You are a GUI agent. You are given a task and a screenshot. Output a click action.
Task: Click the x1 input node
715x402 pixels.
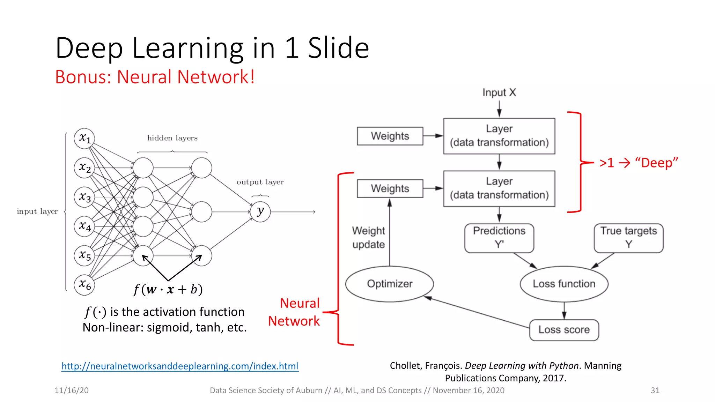pos(84,138)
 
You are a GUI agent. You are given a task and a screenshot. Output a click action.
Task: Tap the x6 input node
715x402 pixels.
pos(84,285)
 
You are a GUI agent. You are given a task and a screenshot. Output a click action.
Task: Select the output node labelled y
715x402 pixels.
pos(260,211)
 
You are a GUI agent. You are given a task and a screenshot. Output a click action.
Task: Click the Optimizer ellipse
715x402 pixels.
pos(390,284)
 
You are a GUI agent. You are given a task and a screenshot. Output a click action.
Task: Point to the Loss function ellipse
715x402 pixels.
pos(564,284)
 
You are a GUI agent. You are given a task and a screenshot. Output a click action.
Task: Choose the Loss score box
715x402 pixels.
pos(564,330)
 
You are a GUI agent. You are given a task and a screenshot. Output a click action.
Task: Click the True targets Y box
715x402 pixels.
pos(628,238)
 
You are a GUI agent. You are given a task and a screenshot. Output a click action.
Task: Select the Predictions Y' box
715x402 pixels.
pos(499,238)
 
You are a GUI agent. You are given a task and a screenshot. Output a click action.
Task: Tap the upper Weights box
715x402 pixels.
pos(390,136)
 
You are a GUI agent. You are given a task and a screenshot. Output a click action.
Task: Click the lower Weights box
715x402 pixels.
pos(390,188)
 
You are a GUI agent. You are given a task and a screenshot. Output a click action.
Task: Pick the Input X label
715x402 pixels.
pos(499,92)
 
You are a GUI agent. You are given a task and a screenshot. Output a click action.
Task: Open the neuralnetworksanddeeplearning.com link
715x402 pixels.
pos(180,366)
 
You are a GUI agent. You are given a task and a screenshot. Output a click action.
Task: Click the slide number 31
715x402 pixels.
pos(655,390)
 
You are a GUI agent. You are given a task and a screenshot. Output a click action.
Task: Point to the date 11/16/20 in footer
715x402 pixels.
pos(72,390)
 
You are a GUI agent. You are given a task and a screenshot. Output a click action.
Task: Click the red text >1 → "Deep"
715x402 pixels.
pos(639,163)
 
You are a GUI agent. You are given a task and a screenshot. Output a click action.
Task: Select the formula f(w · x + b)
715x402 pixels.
pos(168,290)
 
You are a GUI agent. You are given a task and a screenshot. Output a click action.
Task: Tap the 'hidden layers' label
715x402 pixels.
pos(172,138)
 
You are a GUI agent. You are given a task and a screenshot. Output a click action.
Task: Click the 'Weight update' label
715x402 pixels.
pos(368,238)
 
